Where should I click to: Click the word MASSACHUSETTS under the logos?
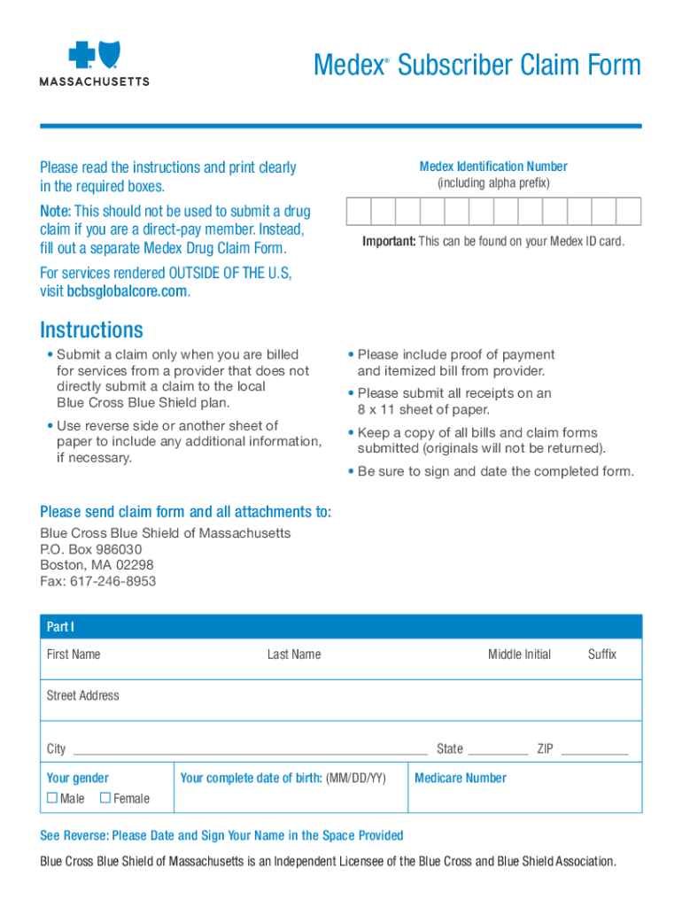95,81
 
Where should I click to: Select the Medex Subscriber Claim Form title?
477,66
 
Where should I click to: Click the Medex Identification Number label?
493,167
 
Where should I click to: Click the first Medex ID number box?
359,211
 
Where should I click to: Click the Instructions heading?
91,330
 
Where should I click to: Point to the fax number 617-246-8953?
97,581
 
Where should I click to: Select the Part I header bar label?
60,627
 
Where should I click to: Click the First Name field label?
74,655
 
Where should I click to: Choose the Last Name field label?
294,655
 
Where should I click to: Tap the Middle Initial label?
519,655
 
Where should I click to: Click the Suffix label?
602,655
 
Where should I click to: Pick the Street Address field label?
82,696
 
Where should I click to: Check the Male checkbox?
51,798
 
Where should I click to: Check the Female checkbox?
105,798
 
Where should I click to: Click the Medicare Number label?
461,779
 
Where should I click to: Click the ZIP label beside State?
545,749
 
